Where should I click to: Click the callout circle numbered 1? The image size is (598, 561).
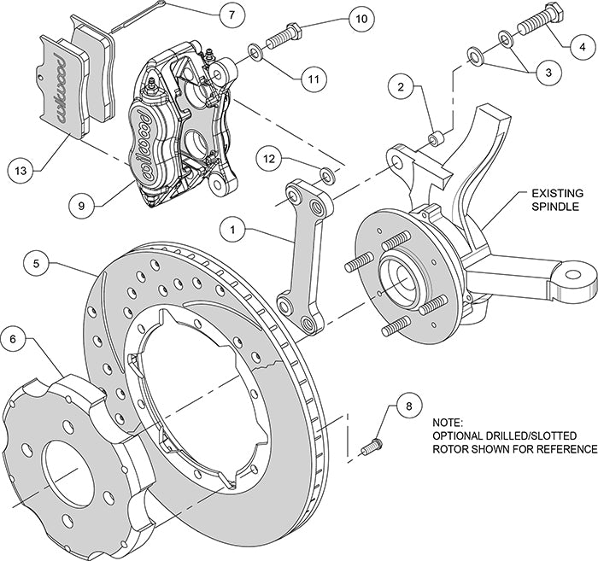(232, 229)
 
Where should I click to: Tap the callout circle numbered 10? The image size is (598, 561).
(361, 18)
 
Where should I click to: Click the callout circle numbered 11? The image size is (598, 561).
(314, 80)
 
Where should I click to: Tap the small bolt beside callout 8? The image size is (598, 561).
(371, 445)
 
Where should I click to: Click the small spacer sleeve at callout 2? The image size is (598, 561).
(437, 135)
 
